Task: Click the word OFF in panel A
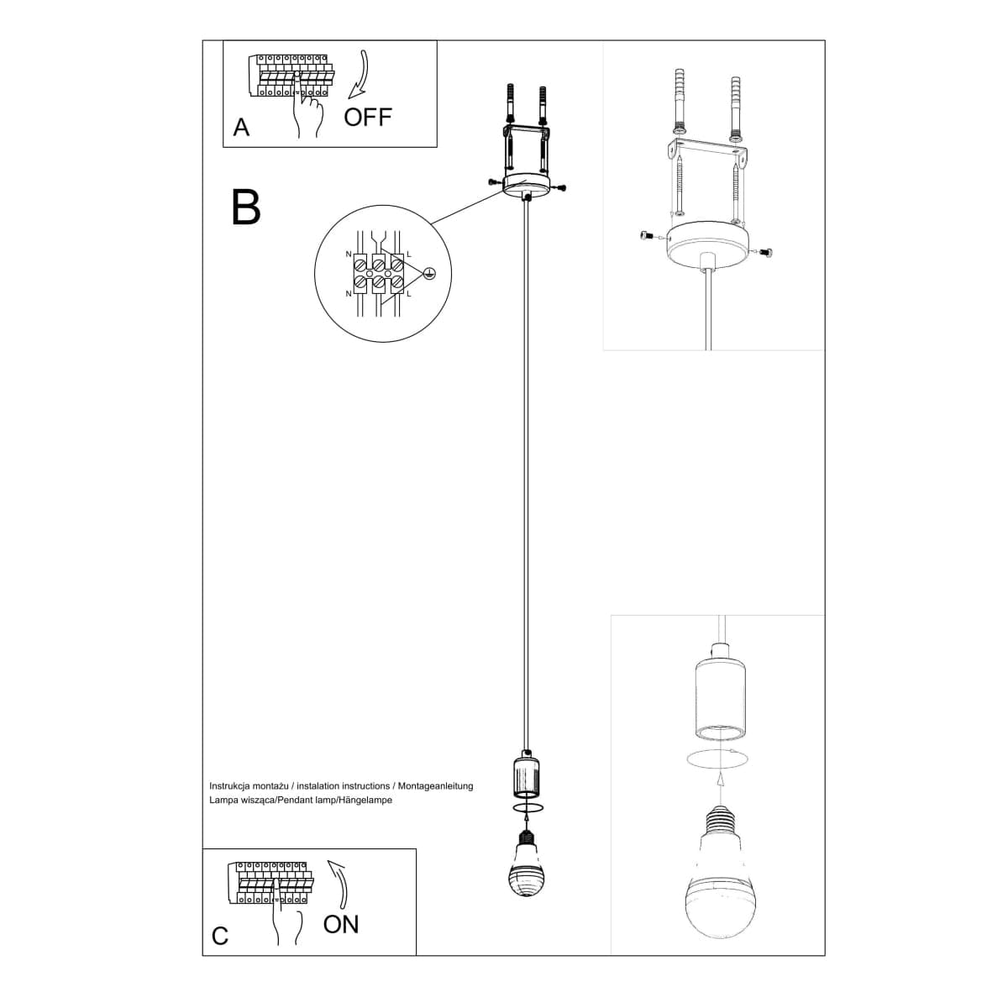pyautogui.click(x=368, y=117)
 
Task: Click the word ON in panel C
pyautogui.click(x=340, y=924)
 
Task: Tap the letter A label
pyautogui.click(x=241, y=128)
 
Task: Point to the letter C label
pyautogui.click(x=220, y=936)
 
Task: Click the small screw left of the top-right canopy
pyautogui.click(x=646, y=236)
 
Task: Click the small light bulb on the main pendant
pyautogui.click(x=526, y=865)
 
